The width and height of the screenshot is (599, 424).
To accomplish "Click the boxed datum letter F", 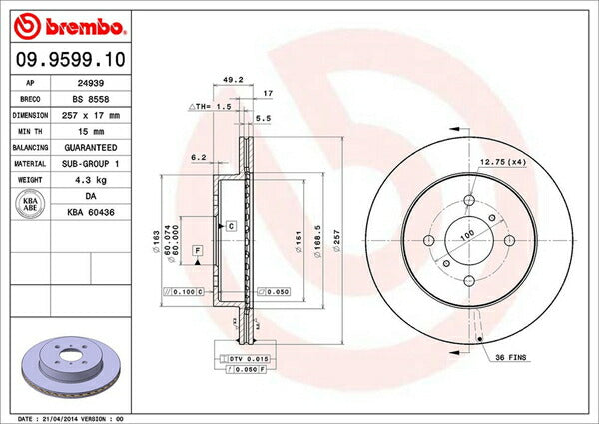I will pyautogui.click(x=198, y=248).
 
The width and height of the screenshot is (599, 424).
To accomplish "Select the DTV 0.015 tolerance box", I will pyautogui.click(x=244, y=358).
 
